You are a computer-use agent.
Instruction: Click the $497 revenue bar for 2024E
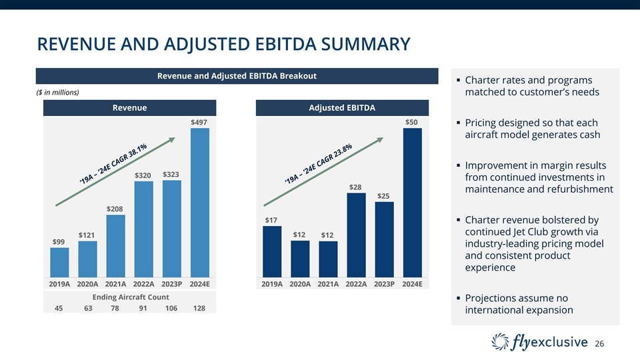click(x=200, y=202)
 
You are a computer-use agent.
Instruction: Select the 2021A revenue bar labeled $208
click(x=115, y=245)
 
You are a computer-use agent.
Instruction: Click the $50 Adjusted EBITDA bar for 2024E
click(x=413, y=202)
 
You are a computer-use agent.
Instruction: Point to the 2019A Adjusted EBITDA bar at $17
click(x=272, y=251)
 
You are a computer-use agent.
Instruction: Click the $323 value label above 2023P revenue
click(x=171, y=174)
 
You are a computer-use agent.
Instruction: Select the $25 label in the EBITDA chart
click(x=383, y=196)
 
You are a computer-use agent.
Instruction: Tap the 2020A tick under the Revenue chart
click(x=88, y=283)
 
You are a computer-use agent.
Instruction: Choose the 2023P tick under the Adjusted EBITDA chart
click(x=383, y=283)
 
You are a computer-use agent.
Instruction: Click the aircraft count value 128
click(x=199, y=308)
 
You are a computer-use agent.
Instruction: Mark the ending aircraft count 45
click(x=59, y=308)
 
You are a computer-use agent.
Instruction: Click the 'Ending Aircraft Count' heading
click(x=131, y=297)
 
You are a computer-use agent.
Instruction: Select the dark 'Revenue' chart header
click(x=129, y=108)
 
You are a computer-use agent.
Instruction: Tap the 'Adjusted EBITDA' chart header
click(x=343, y=108)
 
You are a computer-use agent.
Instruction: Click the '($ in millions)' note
click(x=57, y=92)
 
